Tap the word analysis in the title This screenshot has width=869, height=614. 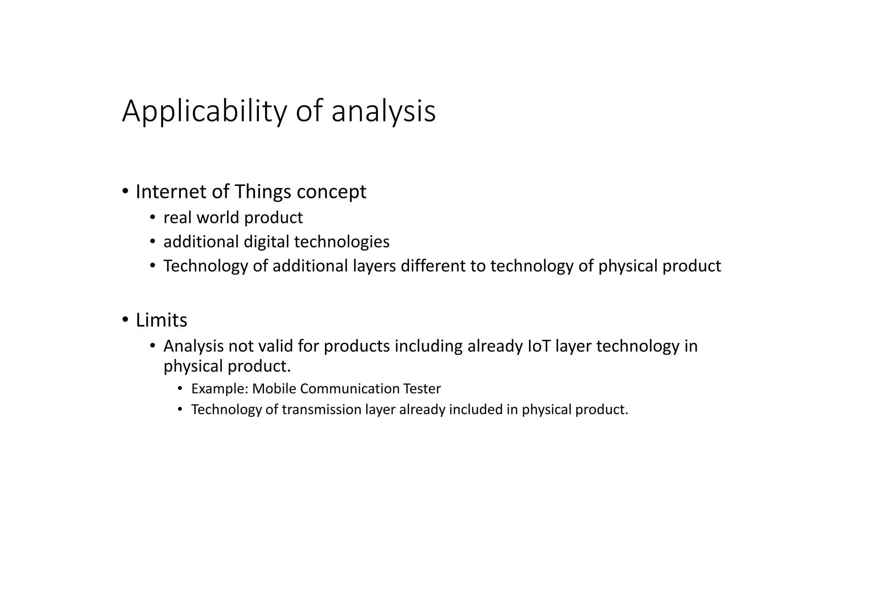[383, 111]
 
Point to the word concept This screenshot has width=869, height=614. [331, 192]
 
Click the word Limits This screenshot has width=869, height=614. [161, 320]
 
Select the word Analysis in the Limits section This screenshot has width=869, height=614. [193, 346]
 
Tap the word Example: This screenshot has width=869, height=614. [219, 389]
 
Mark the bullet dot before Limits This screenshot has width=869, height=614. [125, 320]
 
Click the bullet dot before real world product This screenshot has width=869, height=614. [153, 218]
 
